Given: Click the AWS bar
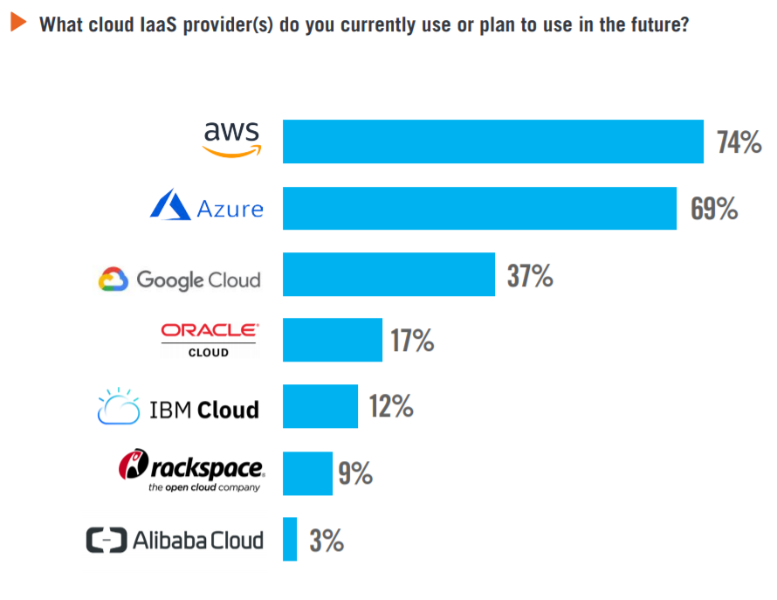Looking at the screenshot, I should point(493,141).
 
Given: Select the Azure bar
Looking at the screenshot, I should point(479,208).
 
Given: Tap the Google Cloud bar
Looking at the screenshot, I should point(388,274).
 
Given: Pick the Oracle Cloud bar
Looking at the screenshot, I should point(333,341).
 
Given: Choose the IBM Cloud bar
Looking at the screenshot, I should point(320,406).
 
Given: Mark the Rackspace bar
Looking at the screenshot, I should point(307,473).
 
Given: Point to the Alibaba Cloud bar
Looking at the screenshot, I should point(290,540).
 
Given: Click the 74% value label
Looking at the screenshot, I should point(739,142).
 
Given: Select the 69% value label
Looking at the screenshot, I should point(714,209).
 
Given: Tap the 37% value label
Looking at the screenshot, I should point(530,276).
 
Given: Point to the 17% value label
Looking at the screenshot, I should point(412,341).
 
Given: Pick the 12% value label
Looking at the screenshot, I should point(390,407).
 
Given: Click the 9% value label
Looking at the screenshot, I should point(355,473).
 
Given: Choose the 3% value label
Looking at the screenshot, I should point(327,541).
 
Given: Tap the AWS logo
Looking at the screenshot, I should point(231,138).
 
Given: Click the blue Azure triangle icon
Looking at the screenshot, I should point(170,206).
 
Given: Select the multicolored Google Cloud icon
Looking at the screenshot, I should point(113,279).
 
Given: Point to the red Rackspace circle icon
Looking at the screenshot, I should point(131,466).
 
